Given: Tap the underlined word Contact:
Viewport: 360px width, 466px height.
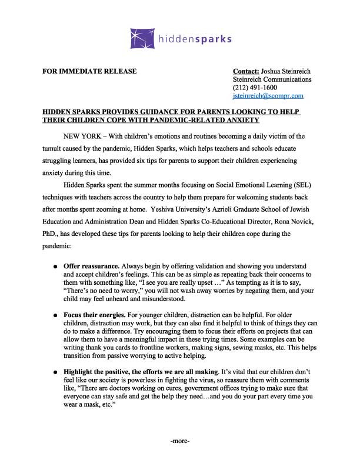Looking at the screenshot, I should click(x=246, y=72).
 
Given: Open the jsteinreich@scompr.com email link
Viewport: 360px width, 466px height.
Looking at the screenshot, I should click(x=268, y=95).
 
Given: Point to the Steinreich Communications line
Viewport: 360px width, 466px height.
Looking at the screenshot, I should click(x=272, y=79).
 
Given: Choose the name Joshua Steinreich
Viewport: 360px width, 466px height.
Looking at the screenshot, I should click(x=286, y=72).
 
